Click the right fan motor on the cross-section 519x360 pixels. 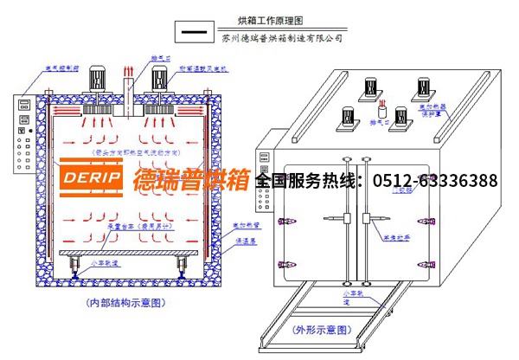[159, 80]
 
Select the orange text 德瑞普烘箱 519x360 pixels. [191, 181]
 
